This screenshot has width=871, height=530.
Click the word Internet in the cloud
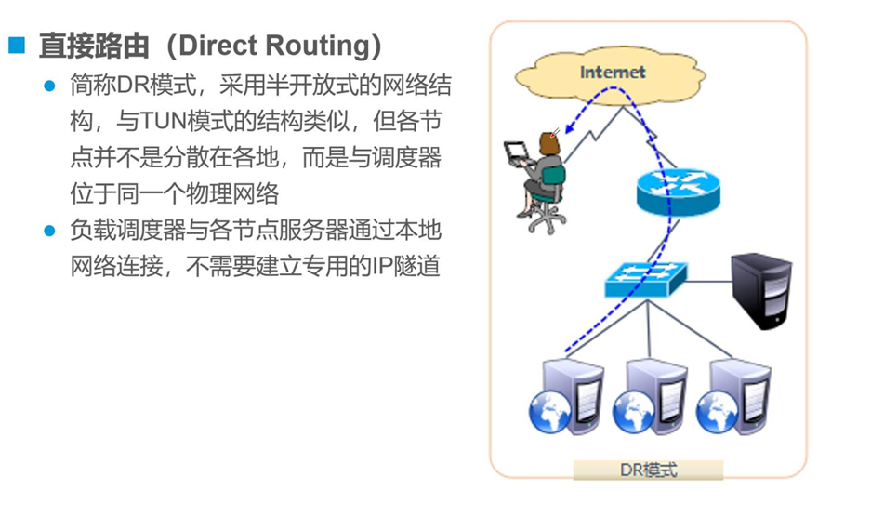tap(613, 72)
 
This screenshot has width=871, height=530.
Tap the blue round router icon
tap(678, 189)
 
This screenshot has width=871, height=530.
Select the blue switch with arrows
tap(644, 278)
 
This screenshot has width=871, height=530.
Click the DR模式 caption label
tap(648, 469)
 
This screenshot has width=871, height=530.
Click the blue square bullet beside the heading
tap(16, 45)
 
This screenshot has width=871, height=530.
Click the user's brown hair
tap(548, 141)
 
